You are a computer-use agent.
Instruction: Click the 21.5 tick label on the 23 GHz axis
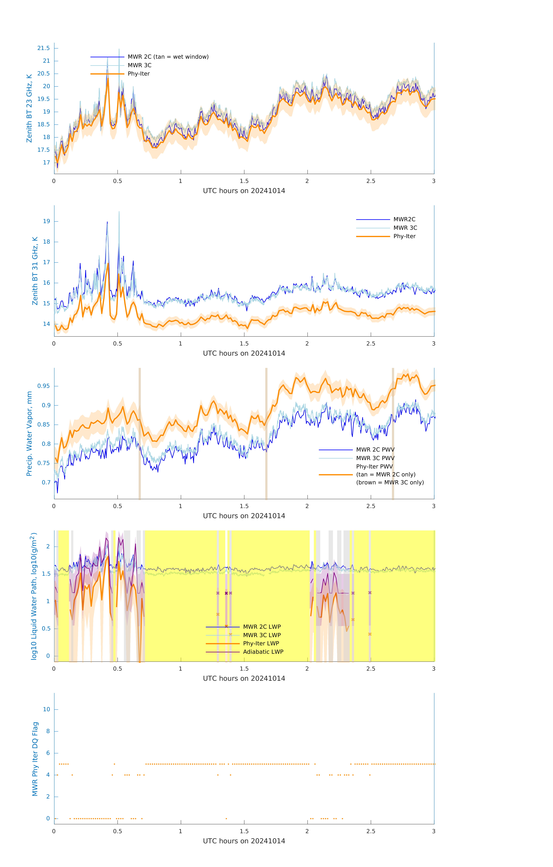(x=44, y=48)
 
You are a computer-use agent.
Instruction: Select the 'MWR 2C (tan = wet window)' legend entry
(x=168, y=57)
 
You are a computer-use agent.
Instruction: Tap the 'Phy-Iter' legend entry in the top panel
(x=139, y=74)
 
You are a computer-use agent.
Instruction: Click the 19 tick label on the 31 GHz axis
(x=46, y=221)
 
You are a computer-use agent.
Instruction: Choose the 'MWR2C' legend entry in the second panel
(x=404, y=219)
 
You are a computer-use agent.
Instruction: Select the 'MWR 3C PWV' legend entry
(x=375, y=458)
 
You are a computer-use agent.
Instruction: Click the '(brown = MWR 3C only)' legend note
(x=390, y=482)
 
